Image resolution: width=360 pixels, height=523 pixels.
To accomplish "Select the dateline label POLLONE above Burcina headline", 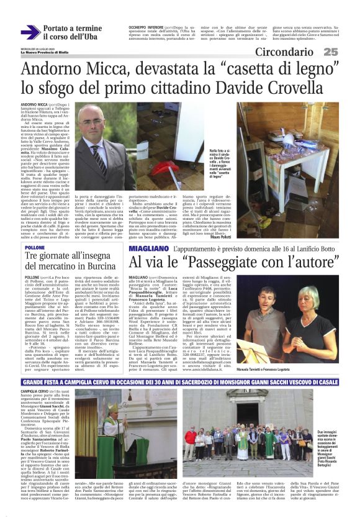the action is point(36,247).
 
